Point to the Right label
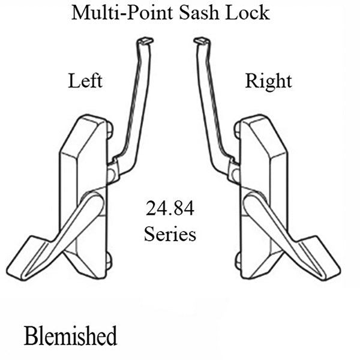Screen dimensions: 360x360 click(268, 80)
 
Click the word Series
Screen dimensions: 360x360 click(170, 233)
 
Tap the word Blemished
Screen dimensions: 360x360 click(71, 335)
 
